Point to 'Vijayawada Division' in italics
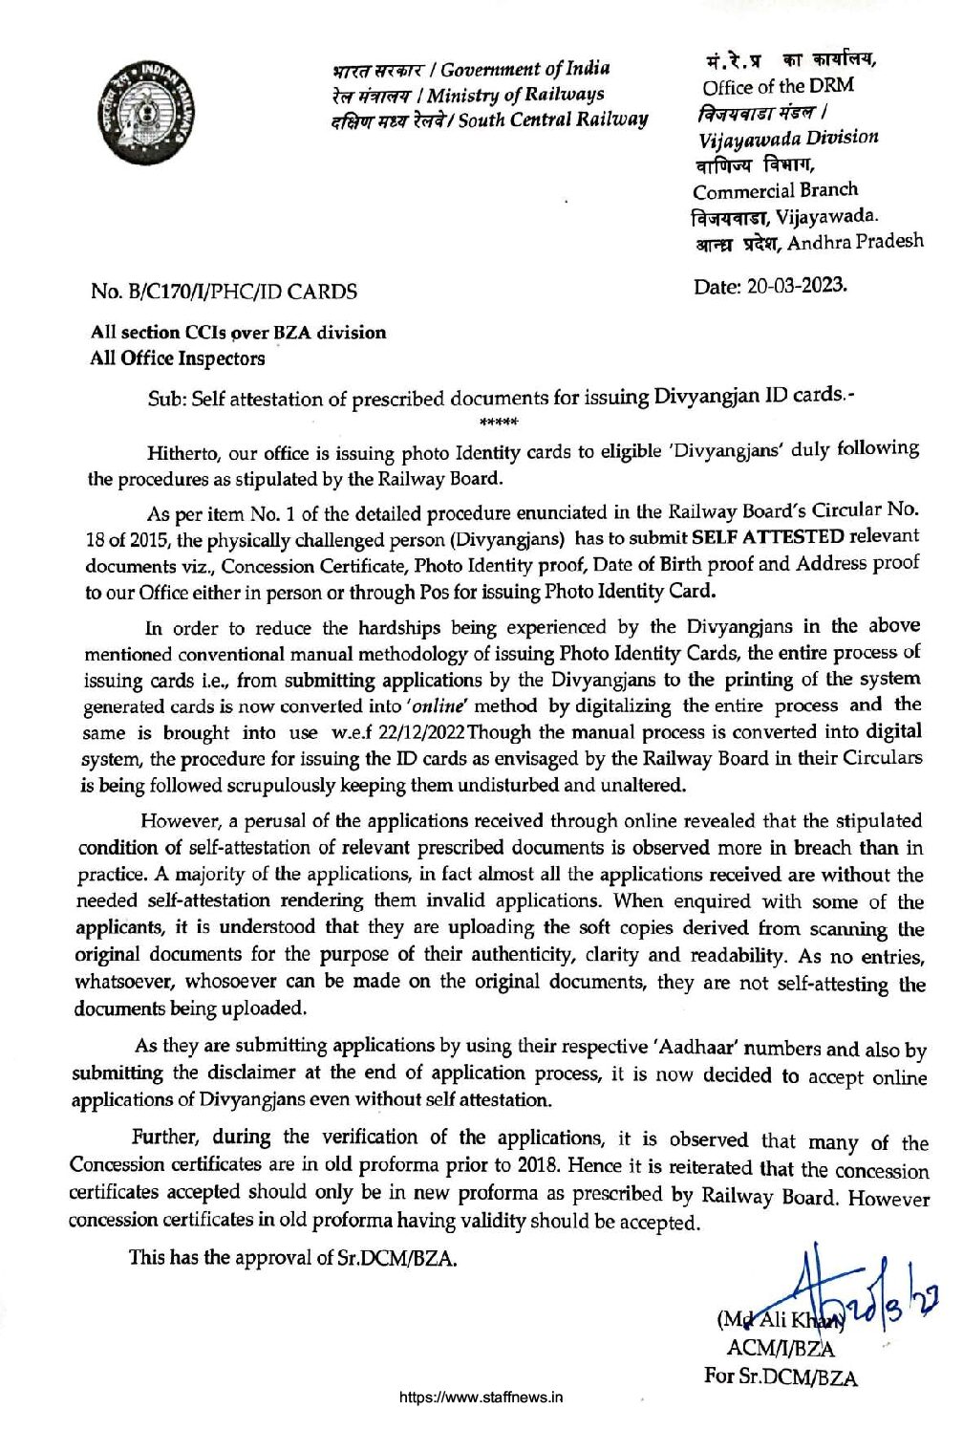788,138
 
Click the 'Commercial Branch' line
775,190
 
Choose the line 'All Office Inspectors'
178,359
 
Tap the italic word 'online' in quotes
445,706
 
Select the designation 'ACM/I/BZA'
781,1349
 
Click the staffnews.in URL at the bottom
481,1397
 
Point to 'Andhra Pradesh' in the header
855,241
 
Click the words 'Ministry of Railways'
516,95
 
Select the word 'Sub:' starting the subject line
167,399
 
